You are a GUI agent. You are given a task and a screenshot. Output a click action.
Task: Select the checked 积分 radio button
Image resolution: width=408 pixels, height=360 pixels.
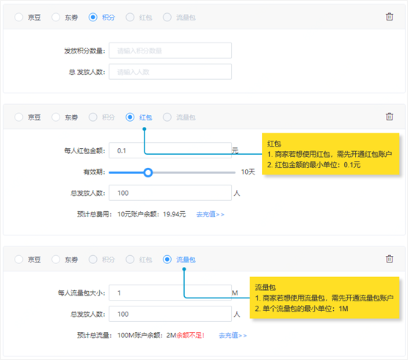[x=93, y=17]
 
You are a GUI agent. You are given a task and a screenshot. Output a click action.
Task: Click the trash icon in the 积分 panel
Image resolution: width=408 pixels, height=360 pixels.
[x=389, y=17]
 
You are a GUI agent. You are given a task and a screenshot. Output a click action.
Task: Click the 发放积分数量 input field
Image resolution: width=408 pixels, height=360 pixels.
[x=170, y=51]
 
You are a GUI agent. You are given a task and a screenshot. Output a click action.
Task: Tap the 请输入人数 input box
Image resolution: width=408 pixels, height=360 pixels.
[x=170, y=72]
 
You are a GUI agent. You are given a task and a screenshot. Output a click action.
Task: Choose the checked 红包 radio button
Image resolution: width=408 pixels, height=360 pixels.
[x=130, y=117]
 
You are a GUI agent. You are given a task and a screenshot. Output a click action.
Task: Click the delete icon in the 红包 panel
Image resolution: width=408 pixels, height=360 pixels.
[x=389, y=117]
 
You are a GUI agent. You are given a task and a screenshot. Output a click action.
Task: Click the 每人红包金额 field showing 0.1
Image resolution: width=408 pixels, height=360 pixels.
[x=170, y=150]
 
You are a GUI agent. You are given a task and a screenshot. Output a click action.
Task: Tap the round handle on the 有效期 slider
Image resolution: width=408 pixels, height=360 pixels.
[x=147, y=172]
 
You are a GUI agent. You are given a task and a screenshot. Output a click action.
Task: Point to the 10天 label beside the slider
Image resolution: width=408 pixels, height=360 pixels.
[x=248, y=172]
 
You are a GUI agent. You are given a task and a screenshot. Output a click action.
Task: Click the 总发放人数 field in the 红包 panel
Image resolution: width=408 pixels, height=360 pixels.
[x=170, y=193]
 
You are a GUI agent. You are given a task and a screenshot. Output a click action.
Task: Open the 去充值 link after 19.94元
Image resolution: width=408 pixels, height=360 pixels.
[x=210, y=214]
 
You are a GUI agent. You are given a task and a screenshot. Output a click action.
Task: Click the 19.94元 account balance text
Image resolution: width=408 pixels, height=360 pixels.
[x=175, y=214]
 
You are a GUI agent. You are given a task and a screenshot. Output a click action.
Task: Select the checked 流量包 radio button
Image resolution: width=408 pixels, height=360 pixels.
[x=167, y=259]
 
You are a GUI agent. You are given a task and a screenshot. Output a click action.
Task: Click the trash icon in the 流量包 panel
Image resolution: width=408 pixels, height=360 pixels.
[x=389, y=259]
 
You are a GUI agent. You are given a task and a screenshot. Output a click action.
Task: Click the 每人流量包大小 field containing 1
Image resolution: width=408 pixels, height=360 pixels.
[x=170, y=293]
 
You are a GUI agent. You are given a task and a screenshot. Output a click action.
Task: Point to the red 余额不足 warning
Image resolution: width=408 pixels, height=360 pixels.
[x=191, y=335]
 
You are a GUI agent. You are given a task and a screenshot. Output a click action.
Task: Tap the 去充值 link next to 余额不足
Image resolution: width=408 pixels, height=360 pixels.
[x=233, y=335]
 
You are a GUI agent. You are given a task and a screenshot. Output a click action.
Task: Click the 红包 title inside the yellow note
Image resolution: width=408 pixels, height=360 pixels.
[x=274, y=144]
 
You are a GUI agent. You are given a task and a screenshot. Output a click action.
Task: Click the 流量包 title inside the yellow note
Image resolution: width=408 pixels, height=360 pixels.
[x=265, y=287]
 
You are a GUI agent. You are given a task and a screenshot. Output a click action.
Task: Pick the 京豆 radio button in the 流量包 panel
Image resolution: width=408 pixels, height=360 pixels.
[x=19, y=259]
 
